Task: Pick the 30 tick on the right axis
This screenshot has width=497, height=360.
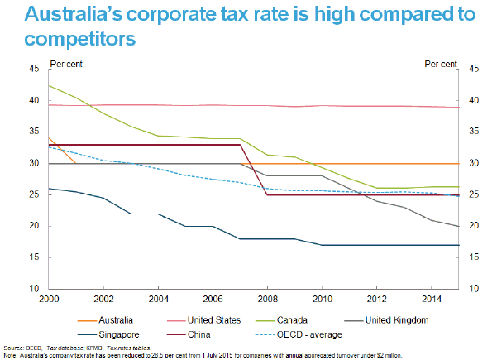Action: point(474,164)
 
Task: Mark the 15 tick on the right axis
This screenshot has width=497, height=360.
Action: point(474,257)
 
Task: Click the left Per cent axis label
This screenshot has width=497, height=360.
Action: point(67,63)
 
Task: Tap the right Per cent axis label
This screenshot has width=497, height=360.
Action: point(440,63)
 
